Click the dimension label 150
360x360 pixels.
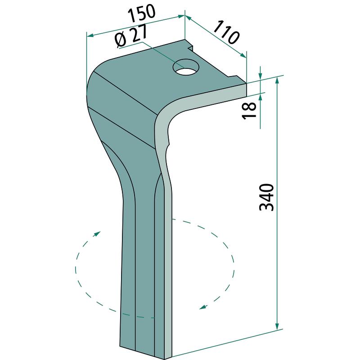[x=142, y=13]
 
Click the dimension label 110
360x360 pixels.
[x=227, y=32]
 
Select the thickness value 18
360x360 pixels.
[x=250, y=110]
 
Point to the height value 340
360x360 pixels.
[x=266, y=197]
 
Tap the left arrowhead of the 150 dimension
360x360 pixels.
[x=90, y=36]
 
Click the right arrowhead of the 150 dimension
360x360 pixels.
[x=182, y=16]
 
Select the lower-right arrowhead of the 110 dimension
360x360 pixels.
[x=243, y=55]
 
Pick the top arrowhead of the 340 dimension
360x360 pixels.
[x=277, y=81]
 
